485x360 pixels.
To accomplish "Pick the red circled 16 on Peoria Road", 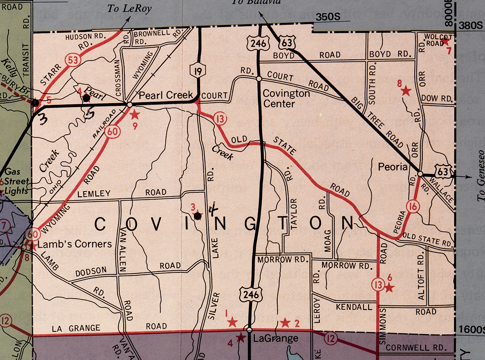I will tap(413, 207).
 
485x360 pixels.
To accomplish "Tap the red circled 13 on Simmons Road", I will tap(377, 285).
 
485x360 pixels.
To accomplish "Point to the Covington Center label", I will tap(286, 99).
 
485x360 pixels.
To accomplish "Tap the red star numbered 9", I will tap(135, 114).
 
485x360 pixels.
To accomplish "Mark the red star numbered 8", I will tap(406, 91).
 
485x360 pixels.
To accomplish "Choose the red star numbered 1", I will tap(232, 322).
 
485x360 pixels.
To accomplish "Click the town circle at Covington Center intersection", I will tap(258, 78).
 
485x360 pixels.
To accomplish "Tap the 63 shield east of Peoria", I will tap(443, 172).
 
